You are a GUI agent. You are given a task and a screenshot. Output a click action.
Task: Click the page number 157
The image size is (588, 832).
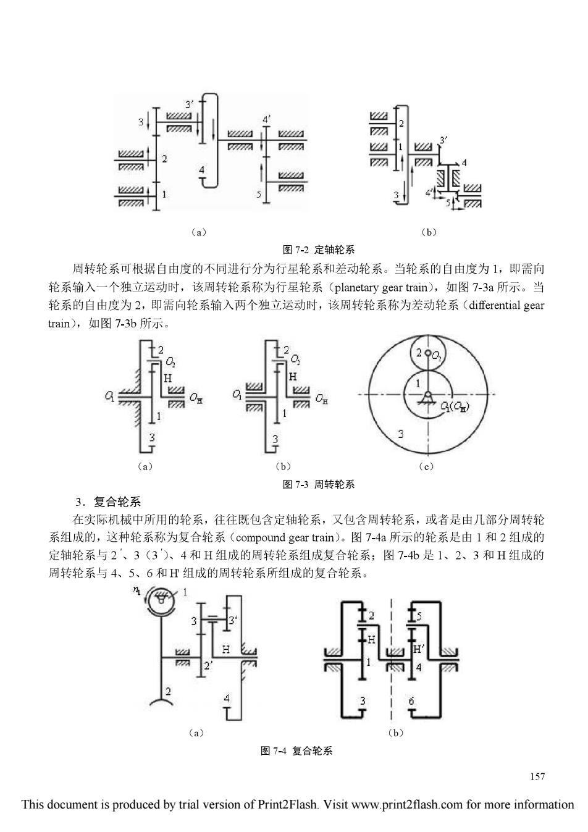(x=537, y=776)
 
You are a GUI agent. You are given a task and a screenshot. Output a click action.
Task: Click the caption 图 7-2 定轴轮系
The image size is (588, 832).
(x=318, y=250)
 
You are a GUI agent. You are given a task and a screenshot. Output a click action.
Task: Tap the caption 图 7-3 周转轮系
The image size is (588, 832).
(x=318, y=484)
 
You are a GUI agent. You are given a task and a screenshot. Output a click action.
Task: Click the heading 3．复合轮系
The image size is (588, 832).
(x=107, y=502)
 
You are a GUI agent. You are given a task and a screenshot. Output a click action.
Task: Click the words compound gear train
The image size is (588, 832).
(x=285, y=537)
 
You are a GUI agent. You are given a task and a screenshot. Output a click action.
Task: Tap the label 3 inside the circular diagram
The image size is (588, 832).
(x=400, y=434)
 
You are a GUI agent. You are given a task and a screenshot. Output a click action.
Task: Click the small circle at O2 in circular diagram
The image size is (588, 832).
(x=428, y=353)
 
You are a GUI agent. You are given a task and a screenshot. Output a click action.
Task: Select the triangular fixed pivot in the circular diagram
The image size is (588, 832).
(x=428, y=397)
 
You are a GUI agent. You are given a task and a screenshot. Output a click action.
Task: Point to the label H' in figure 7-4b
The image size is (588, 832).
(x=419, y=649)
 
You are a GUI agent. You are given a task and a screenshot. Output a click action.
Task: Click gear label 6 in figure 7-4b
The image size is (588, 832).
(x=411, y=701)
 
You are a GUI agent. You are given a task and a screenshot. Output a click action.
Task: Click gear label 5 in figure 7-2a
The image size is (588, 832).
(x=259, y=194)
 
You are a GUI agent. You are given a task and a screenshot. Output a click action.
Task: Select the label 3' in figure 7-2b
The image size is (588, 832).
(x=443, y=140)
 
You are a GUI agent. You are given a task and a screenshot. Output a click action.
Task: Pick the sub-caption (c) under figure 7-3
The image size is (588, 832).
(x=426, y=466)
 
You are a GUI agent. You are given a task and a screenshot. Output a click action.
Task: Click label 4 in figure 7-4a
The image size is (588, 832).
(x=227, y=699)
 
